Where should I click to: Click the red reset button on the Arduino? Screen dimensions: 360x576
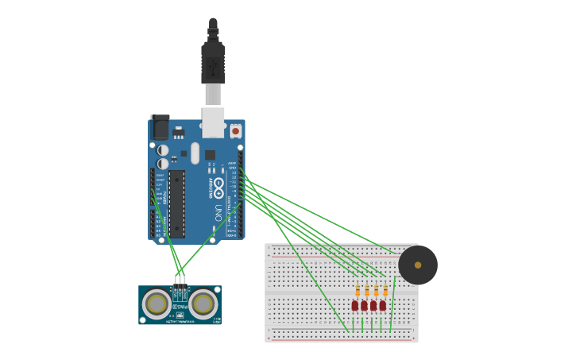pyautogui.click(x=235, y=131)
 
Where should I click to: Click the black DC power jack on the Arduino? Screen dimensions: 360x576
pyautogui.click(x=160, y=127)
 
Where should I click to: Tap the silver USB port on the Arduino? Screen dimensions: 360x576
pyautogui.click(x=213, y=122)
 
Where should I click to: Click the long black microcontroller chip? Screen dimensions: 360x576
pyautogui.click(x=176, y=203)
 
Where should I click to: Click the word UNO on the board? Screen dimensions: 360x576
pyautogui.click(x=218, y=213)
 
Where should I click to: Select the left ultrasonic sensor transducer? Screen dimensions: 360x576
pyautogui.click(x=157, y=304)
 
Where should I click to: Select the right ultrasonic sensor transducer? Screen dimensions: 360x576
pyautogui.click(x=203, y=304)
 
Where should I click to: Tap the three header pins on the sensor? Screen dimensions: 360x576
pyautogui.click(x=180, y=280)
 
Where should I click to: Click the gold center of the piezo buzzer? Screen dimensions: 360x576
pyautogui.click(x=418, y=265)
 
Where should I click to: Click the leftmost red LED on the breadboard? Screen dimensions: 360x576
pyautogui.click(x=355, y=305)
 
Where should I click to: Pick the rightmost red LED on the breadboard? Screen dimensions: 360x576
pyautogui.click(x=383, y=305)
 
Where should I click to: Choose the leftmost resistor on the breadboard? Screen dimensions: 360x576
pyautogui.click(x=358, y=291)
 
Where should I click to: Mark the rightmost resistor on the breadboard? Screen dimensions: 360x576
pyautogui.click(x=385, y=291)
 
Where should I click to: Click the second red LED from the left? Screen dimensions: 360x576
pyautogui.click(x=364, y=305)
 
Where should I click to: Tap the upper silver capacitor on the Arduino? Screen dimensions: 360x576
pyautogui.click(x=163, y=150)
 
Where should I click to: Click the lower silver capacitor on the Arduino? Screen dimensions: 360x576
pyautogui.click(x=163, y=164)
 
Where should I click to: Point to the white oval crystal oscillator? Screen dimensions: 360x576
pyautogui.click(x=195, y=153)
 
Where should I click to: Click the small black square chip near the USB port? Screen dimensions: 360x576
pyautogui.click(x=210, y=155)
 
